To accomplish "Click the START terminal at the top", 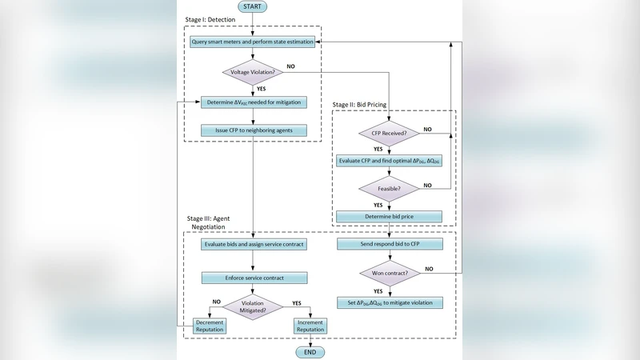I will (x=253, y=6).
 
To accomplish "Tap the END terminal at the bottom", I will (x=310, y=352).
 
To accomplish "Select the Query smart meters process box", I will (x=253, y=42).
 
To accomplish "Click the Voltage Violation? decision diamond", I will (x=253, y=72).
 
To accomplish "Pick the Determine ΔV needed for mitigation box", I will (x=253, y=102).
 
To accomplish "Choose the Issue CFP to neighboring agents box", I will (x=253, y=130).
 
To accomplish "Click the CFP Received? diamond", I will (x=389, y=132).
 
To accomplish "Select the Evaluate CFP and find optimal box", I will (x=389, y=161).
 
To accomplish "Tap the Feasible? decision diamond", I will (x=389, y=189).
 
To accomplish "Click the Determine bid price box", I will (x=389, y=216).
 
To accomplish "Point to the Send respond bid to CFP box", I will (x=389, y=243).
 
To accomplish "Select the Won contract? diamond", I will (x=389, y=273).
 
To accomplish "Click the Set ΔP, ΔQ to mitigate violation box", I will (x=389, y=303).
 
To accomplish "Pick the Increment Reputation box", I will (x=310, y=326).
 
